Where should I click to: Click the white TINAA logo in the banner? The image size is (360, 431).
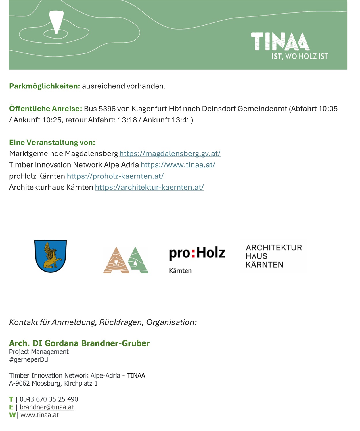(280, 42)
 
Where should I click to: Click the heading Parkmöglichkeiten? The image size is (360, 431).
(45, 86)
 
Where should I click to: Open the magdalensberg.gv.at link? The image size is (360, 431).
(170, 154)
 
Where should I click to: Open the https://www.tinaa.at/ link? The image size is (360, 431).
(178, 165)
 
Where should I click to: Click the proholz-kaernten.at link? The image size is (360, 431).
(115, 176)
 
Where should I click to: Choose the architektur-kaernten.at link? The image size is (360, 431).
(149, 187)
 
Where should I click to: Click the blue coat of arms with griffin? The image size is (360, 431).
(51, 256)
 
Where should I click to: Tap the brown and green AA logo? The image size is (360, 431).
(126, 260)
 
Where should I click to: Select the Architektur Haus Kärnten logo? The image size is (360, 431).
(274, 256)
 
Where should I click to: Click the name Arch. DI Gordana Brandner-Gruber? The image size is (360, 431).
(79, 343)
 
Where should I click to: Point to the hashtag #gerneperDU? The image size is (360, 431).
(29, 360)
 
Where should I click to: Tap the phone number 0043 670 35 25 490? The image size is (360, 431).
(49, 399)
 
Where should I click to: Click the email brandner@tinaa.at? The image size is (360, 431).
(47, 407)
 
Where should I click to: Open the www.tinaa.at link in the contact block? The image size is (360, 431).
(40, 415)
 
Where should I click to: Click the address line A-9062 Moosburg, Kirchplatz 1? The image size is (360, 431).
(53, 384)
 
